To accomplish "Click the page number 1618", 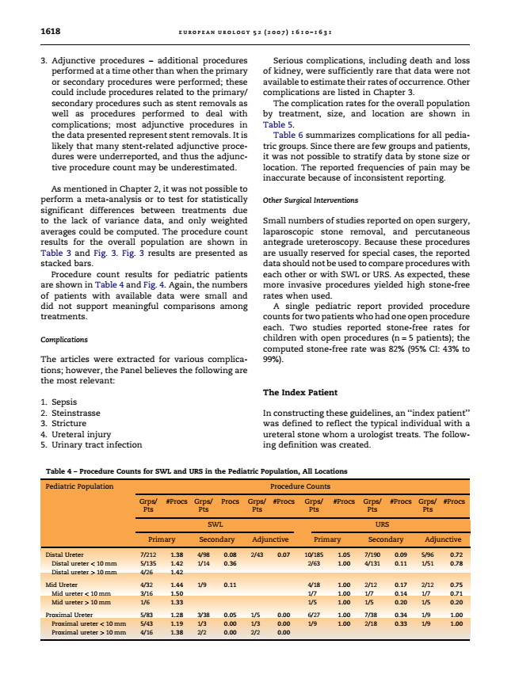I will pyautogui.click(x=51, y=32).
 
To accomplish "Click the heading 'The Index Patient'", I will pyautogui.click(x=300, y=393).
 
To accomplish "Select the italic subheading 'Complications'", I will pyautogui.click(x=63, y=341).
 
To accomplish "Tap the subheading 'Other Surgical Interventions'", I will pyautogui.click(x=310, y=200).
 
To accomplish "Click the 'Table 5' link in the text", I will pyautogui.click(x=278, y=124).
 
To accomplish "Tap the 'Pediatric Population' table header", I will pyautogui.click(x=79, y=486).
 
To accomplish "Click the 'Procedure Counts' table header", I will pyautogui.click(x=300, y=486).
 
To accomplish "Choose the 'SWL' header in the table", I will pyautogui.click(x=214, y=524).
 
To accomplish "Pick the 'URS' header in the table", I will pyautogui.click(x=383, y=524).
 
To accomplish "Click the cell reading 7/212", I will pyautogui.click(x=147, y=555).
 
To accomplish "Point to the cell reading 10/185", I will pyautogui.click(x=315, y=555).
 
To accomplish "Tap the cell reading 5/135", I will pyautogui.click(x=147, y=562).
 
